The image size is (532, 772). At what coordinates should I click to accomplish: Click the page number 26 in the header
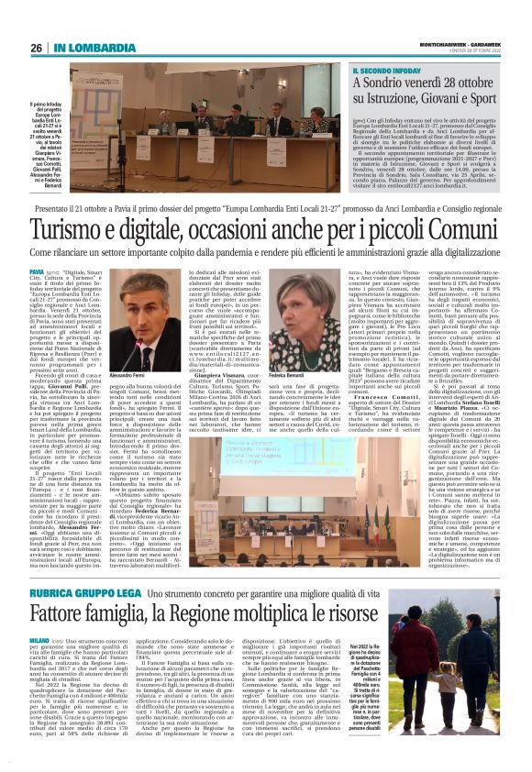tap(37, 48)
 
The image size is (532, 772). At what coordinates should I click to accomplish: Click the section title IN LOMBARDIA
tap(85, 48)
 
